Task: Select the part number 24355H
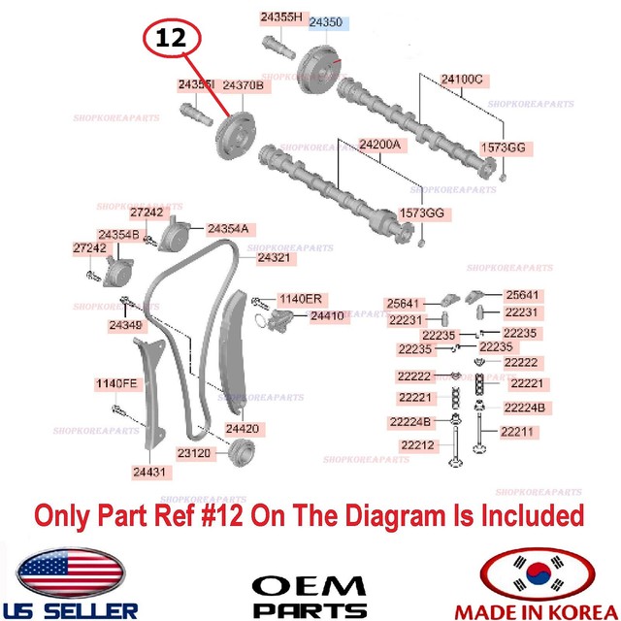[282, 16]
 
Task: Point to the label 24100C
[462, 78]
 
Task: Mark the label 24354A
[227, 229]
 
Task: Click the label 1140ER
[300, 298]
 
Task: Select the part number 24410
[327, 315]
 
